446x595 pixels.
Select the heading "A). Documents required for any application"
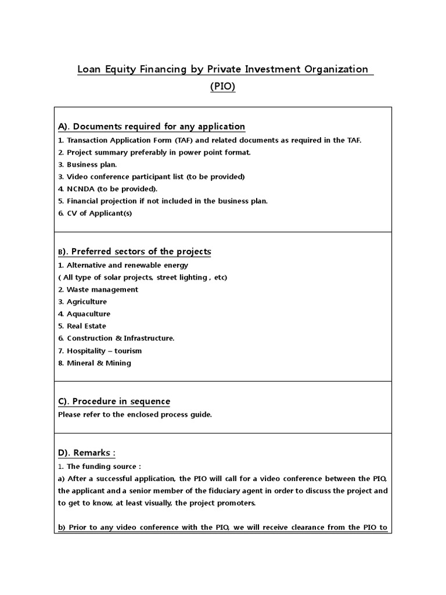click(152, 127)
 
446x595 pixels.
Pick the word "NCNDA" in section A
click(80, 189)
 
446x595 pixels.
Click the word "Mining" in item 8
click(118, 363)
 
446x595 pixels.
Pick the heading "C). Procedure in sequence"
click(114, 402)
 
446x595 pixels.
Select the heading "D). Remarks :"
click(87, 453)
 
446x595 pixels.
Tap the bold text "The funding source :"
click(104, 467)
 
